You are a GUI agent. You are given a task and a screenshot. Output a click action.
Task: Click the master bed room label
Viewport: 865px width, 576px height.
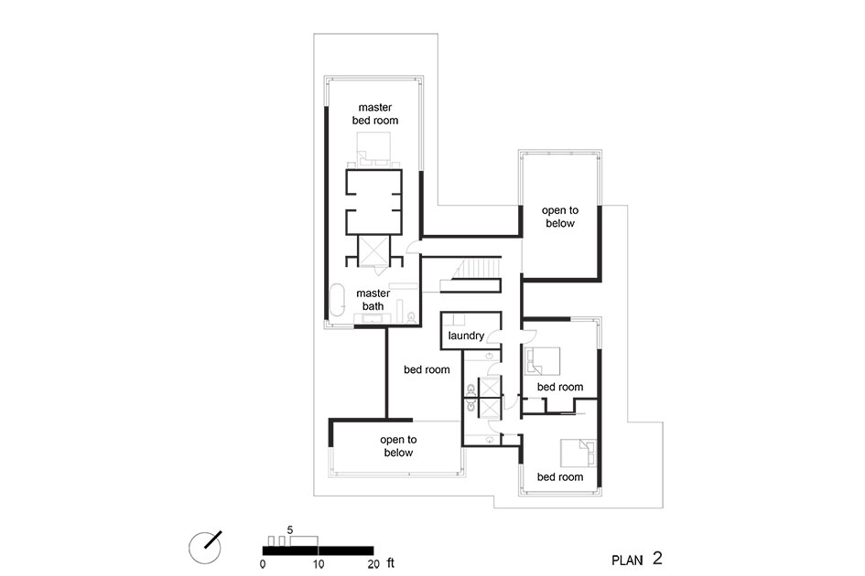click(x=375, y=113)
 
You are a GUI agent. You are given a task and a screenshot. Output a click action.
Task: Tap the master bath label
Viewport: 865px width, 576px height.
click(x=373, y=300)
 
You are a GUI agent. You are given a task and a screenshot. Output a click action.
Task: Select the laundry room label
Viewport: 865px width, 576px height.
click(x=466, y=336)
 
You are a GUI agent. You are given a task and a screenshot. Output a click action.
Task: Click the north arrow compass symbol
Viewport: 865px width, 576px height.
click(x=205, y=548)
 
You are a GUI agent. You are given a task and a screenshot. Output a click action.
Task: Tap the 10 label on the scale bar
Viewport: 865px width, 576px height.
click(x=319, y=564)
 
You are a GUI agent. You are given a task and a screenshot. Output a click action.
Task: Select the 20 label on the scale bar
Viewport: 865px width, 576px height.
click(x=373, y=564)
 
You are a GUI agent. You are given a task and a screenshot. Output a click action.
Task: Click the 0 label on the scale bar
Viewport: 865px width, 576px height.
click(x=263, y=564)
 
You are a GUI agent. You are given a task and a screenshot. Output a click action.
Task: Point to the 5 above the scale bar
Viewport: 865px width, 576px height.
click(x=290, y=530)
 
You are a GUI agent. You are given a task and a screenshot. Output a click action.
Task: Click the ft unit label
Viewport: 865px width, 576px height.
click(x=391, y=563)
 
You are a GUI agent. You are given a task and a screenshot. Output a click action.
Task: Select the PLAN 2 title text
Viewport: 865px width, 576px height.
click(x=636, y=559)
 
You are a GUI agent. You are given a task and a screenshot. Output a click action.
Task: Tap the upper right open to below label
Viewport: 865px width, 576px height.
click(x=560, y=217)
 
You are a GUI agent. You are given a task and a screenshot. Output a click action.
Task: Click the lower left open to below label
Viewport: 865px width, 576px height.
click(x=398, y=446)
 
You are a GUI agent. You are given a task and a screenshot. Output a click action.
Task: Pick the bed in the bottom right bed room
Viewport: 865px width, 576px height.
click(x=578, y=453)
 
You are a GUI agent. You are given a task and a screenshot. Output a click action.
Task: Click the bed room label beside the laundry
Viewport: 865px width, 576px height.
click(x=427, y=369)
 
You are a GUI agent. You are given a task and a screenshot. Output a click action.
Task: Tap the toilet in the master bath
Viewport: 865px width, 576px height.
click(x=411, y=317)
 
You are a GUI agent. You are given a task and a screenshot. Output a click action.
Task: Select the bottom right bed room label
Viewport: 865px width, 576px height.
click(x=560, y=476)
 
